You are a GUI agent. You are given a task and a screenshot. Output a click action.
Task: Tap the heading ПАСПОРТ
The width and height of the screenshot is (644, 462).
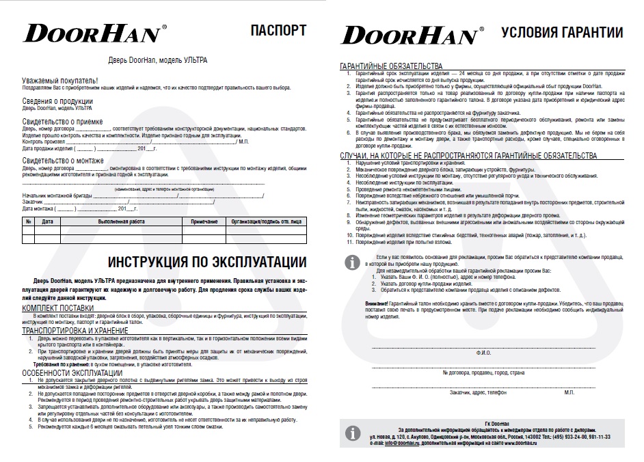279,30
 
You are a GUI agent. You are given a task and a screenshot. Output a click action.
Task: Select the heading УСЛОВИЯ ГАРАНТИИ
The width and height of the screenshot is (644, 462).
562,33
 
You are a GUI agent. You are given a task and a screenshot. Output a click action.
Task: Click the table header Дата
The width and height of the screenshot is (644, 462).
48,221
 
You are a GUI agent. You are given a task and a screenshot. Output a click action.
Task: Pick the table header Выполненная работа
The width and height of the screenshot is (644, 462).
121,221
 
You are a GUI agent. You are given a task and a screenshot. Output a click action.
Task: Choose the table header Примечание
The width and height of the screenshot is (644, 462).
204,221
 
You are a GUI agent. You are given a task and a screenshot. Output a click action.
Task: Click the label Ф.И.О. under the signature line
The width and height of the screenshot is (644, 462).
483,353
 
